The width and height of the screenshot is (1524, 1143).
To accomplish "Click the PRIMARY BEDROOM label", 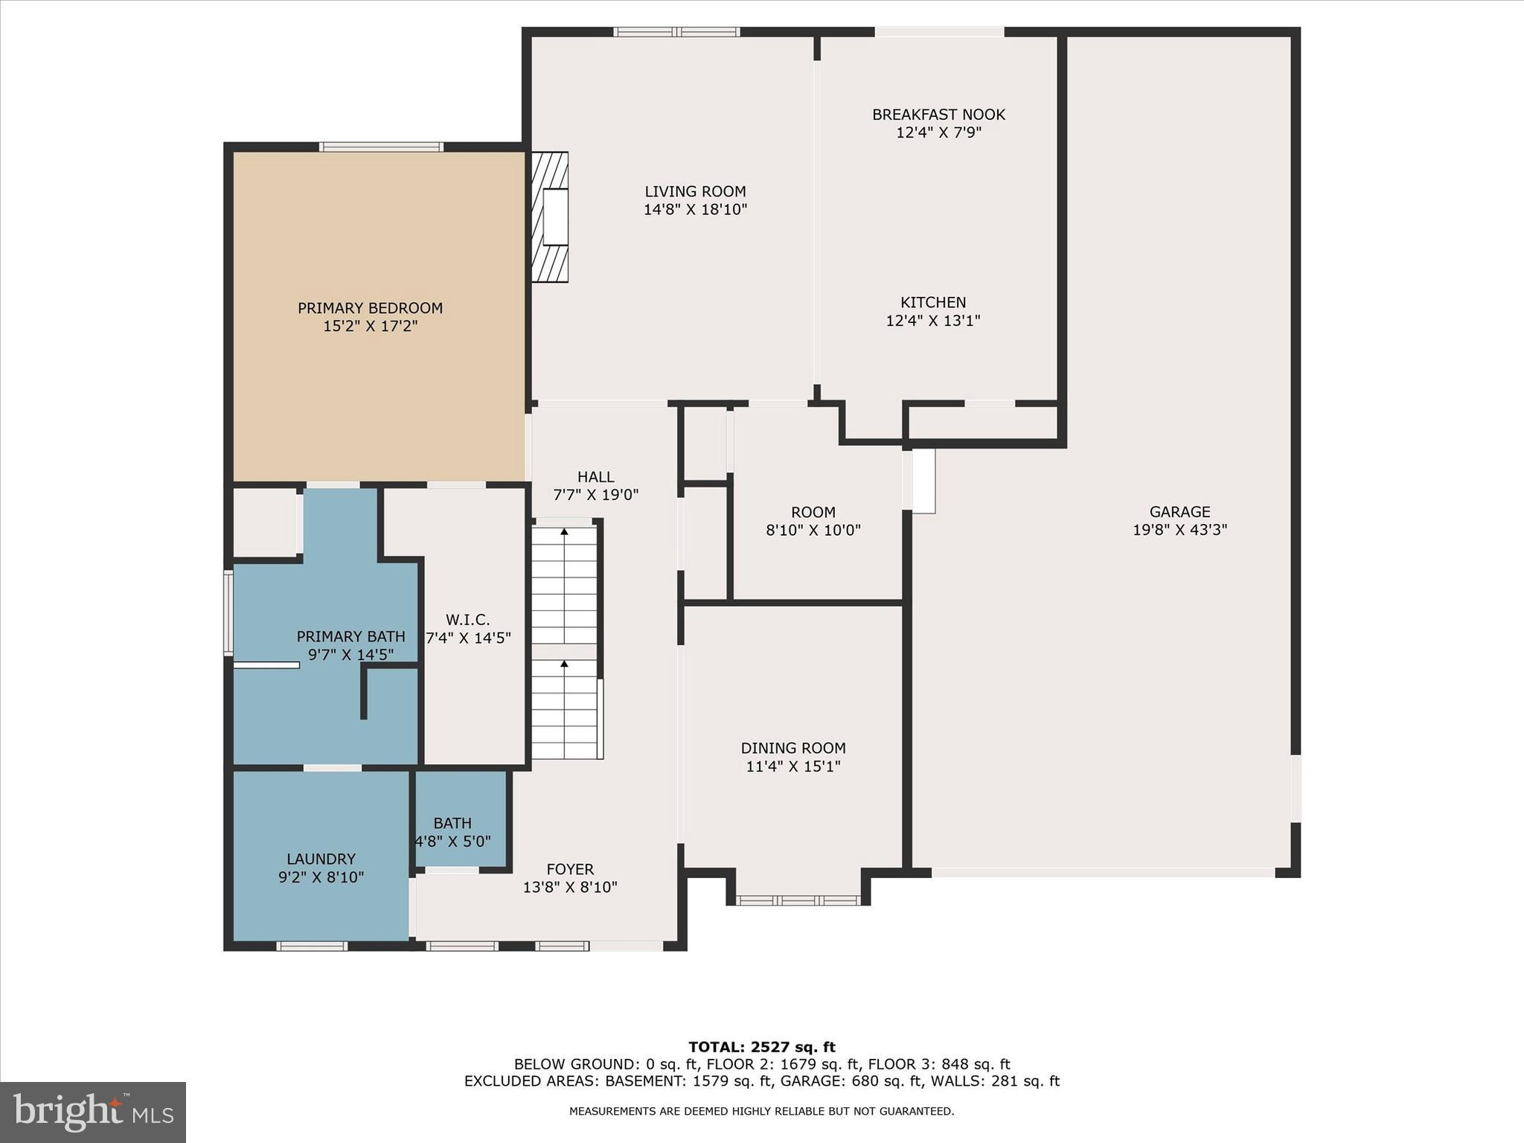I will click(x=370, y=308).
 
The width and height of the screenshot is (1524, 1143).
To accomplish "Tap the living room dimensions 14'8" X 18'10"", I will click(x=695, y=210).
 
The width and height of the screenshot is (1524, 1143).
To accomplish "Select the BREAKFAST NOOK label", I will click(x=938, y=115).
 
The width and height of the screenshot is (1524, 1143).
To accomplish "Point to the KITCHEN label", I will click(x=933, y=302).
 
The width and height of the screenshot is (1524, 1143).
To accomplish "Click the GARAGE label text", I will click(x=1179, y=512).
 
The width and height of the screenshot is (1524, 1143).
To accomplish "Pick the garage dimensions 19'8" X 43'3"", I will click(x=1179, y=530).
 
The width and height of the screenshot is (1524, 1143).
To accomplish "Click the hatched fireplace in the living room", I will click(x=551, y=217).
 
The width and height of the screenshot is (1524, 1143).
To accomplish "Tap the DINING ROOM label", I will click(x=793, y=748).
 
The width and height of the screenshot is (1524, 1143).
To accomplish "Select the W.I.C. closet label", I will click(x=467, y=620).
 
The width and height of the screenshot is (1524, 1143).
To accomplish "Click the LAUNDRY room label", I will click(x=321, y=859).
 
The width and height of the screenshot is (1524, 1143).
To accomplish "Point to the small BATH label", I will click(x=452, y=823).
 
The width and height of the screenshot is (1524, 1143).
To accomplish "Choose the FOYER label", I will click(x=570, y=869).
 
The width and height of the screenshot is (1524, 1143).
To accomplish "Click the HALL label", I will click(x=595, y=477).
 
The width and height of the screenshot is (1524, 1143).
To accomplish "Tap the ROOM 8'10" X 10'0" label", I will click(x=813, y=513).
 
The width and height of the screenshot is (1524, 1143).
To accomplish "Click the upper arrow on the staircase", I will click(x=564, y=533).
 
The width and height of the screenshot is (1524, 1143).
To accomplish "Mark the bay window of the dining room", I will click(x=798, y=900).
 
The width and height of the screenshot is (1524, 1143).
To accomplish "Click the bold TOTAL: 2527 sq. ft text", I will click(x=761, y=1048).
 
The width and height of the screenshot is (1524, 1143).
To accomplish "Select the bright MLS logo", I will click(x=93, y=1112).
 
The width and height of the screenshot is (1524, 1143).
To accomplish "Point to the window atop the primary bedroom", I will click(x=382, y=147).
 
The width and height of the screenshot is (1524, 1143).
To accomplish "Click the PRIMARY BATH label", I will click(x=350, y=637).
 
